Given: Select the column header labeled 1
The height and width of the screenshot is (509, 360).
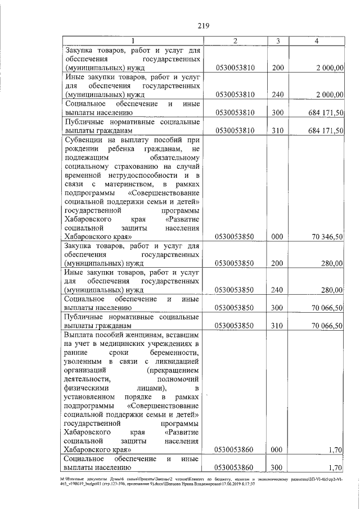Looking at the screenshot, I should point(133,40).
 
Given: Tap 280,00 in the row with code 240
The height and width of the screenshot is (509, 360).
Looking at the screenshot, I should point(332,290).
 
